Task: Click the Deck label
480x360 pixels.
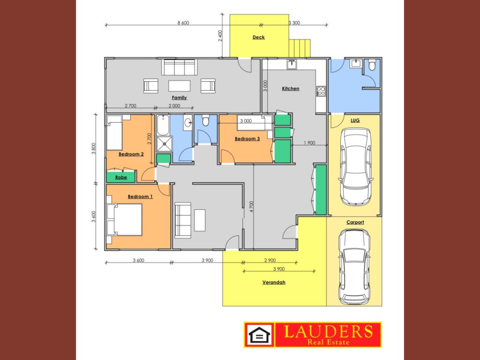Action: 259,37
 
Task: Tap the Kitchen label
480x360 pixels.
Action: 291,89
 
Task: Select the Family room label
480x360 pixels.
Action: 180,97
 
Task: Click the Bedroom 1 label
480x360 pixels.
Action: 140,196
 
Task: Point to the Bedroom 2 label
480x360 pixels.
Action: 131,154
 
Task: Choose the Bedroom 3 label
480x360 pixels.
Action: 247,139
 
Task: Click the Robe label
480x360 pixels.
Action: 121,177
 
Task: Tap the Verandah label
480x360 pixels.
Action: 274,282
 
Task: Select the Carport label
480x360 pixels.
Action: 355,222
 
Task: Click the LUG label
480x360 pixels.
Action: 355,120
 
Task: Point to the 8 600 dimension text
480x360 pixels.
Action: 183,22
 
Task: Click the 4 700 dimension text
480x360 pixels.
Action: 251,207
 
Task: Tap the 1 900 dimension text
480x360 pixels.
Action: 309,142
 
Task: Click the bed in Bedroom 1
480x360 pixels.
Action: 124,219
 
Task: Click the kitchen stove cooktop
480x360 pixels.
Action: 321,91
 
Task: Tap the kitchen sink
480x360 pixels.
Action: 292,64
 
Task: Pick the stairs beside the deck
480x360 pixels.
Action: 300,48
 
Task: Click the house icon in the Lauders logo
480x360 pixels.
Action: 259,335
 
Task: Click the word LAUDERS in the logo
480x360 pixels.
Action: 328,331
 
